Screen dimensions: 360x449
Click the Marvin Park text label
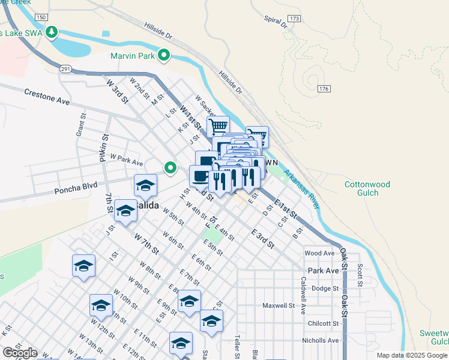[133, 56]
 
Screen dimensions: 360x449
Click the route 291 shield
[65, 69]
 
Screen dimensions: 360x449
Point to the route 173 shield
[294, 19]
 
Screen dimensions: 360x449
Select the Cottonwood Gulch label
[367, 188]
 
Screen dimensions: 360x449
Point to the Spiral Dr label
[276, 22]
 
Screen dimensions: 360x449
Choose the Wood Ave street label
[319, 253]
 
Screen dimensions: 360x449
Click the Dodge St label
[325, 288]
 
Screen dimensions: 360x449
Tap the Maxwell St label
[279, 305]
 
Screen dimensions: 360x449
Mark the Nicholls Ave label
[321, 340]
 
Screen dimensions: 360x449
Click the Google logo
[20, 353]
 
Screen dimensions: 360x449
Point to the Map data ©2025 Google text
[412, 355]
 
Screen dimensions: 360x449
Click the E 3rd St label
[262, 238]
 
